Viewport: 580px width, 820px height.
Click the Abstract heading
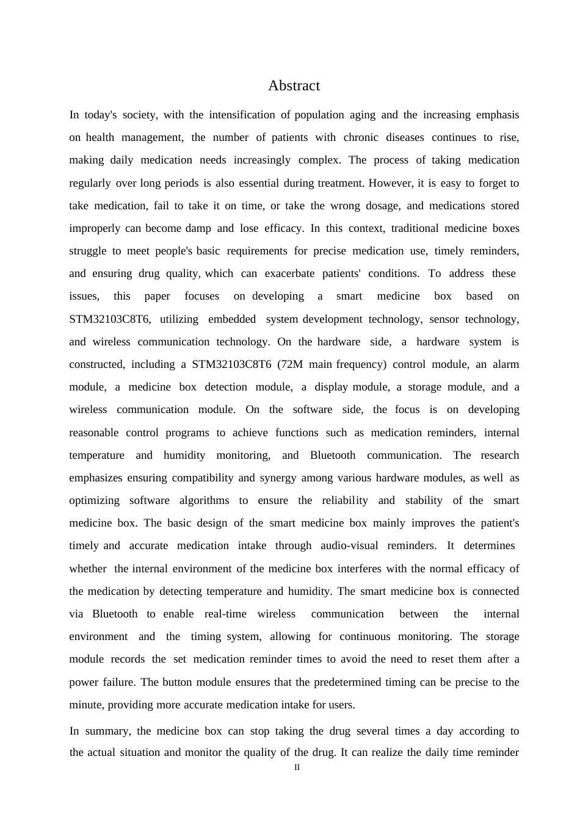coord(294,86)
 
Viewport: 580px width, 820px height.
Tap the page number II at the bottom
coord(297,768)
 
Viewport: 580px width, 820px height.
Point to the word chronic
coord(361,137)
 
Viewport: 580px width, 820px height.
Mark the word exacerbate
coord(289,273)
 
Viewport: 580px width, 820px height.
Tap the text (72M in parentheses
coord(290,364)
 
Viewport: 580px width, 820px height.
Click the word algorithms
coord(204,500)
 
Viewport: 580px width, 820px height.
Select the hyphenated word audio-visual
coord(349,545)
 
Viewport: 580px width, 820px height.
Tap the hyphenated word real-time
coord(225,614)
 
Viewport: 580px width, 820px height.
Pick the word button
coord(176,682)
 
